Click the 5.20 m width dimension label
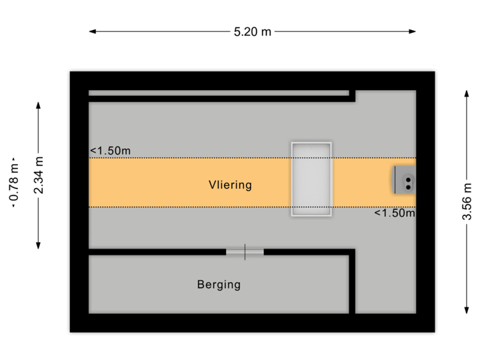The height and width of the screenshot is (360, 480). pyautogui.click(x=253, y=31)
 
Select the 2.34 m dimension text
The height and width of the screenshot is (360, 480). pyautogui.click(x=39, y=175)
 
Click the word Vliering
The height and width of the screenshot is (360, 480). pyautogui.click(x=230, y=185)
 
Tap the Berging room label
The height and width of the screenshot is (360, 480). pyautogui.click(x=219, y=285)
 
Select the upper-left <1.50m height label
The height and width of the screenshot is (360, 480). pyautogui.click(x=111, y=151)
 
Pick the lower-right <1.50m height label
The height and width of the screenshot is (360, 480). pyautogui.click(x=394, y=213)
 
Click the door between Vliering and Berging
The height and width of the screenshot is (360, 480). pyautogui.click(x=245, y=251)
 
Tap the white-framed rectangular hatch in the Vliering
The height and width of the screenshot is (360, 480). pyautogui.click(x=311, y=179)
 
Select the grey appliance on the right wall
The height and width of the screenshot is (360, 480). pyautogui.click(x=405, y=180)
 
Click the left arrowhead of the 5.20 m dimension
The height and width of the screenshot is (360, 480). pyautogui.click(x=92, y=31)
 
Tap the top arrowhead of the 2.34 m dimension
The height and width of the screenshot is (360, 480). pyautogui.click(x=39, y=104)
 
